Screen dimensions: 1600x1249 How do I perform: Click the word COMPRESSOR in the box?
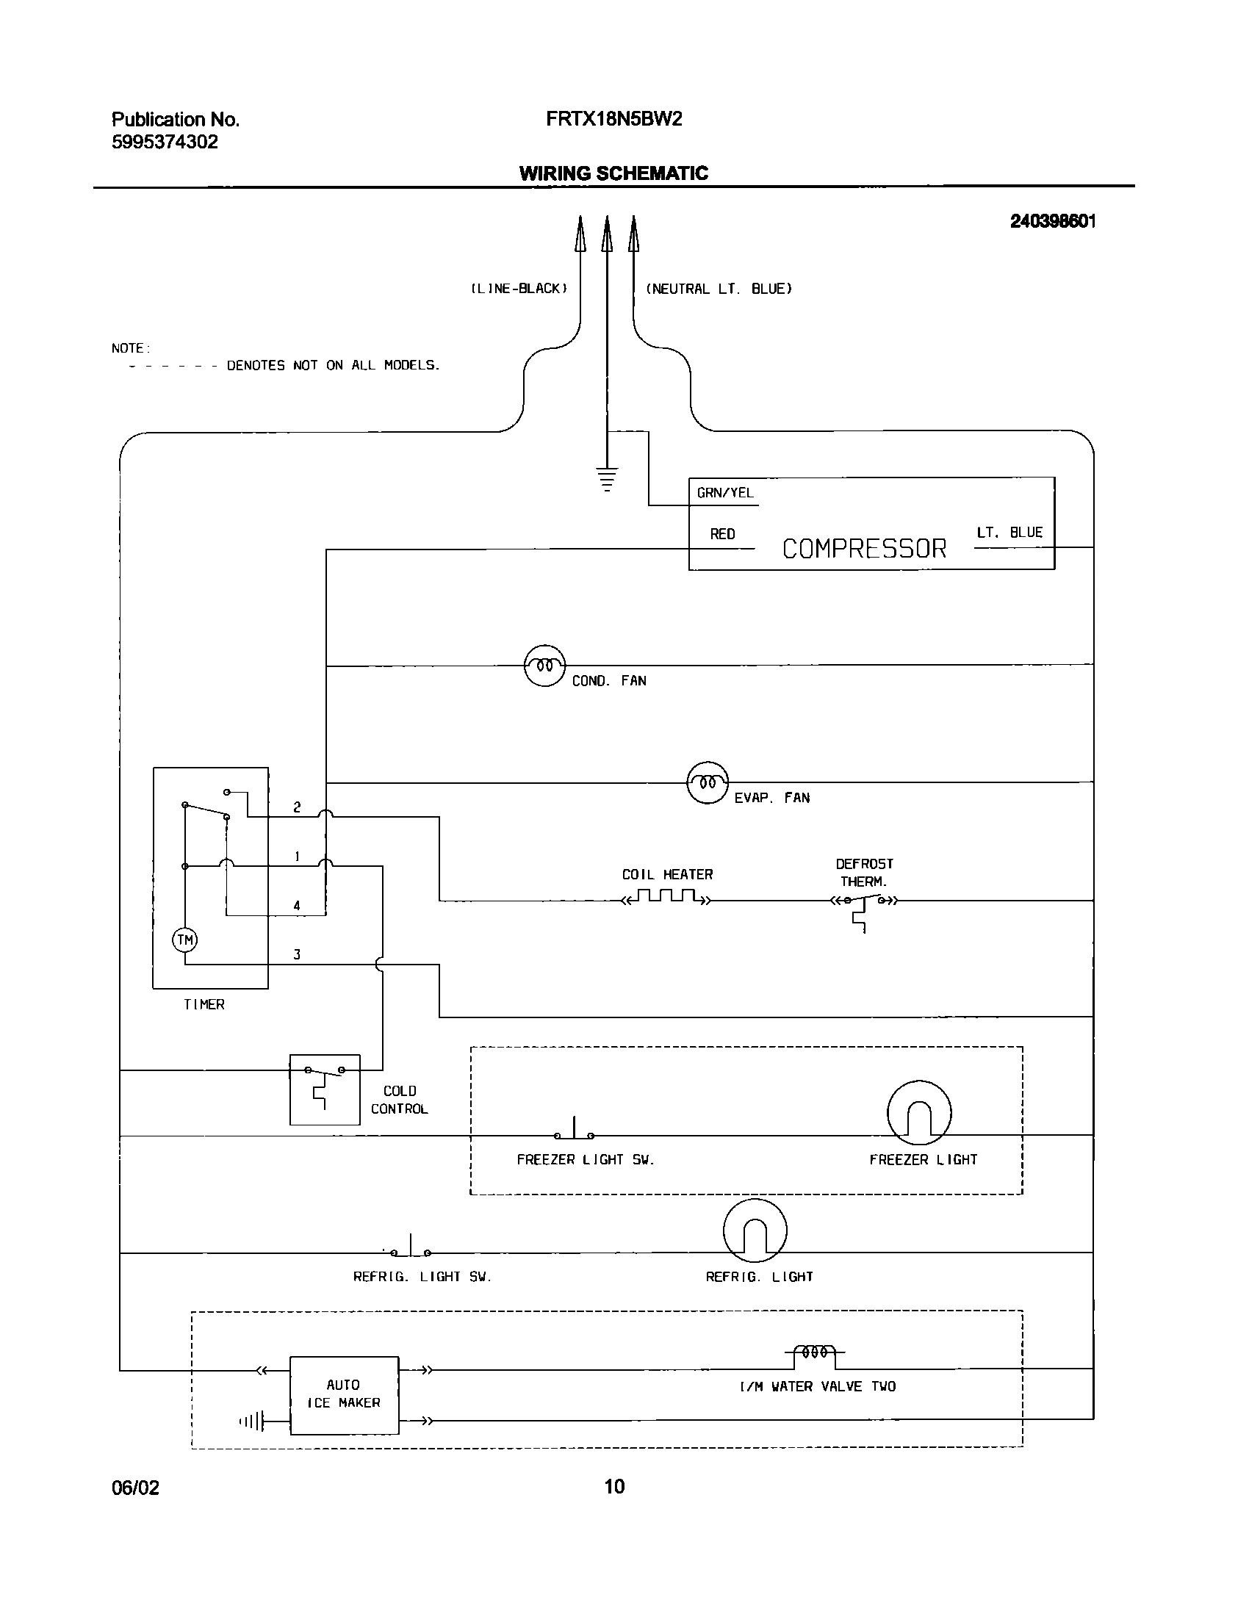click(x=864, y=549)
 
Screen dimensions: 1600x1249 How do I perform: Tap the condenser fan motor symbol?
click(x=544, y=666)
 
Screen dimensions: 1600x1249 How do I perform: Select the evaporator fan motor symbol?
click(x=707, y=782)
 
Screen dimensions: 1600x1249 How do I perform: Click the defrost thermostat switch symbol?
click(x=863, y=901)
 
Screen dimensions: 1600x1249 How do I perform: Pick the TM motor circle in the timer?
click(x=185, y=940)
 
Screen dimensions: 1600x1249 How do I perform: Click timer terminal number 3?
click(x=297, y=955)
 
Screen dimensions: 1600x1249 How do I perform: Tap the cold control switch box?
click(x=325, y=1089)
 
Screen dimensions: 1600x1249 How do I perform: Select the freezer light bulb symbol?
click(x=919, y=1112)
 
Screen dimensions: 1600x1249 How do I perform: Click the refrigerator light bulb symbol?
click(x=755, y=1230)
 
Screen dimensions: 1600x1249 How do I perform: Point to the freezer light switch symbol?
click(x=574, y=1131)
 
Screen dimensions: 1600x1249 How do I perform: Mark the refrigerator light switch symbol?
click(x=411, y=1249)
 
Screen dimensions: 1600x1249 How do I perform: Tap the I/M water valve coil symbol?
click(x=815, y=1352)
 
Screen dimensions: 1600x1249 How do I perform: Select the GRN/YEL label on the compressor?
click(x=724, y=493)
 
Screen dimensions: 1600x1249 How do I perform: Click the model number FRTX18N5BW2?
click(x=613, y=119)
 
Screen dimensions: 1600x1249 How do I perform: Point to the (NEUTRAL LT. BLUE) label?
click(x=719, y=289)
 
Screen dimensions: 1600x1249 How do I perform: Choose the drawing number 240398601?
click(x=1052, y=221)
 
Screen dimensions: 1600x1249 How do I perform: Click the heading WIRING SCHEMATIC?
click(x=613, y=173)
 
